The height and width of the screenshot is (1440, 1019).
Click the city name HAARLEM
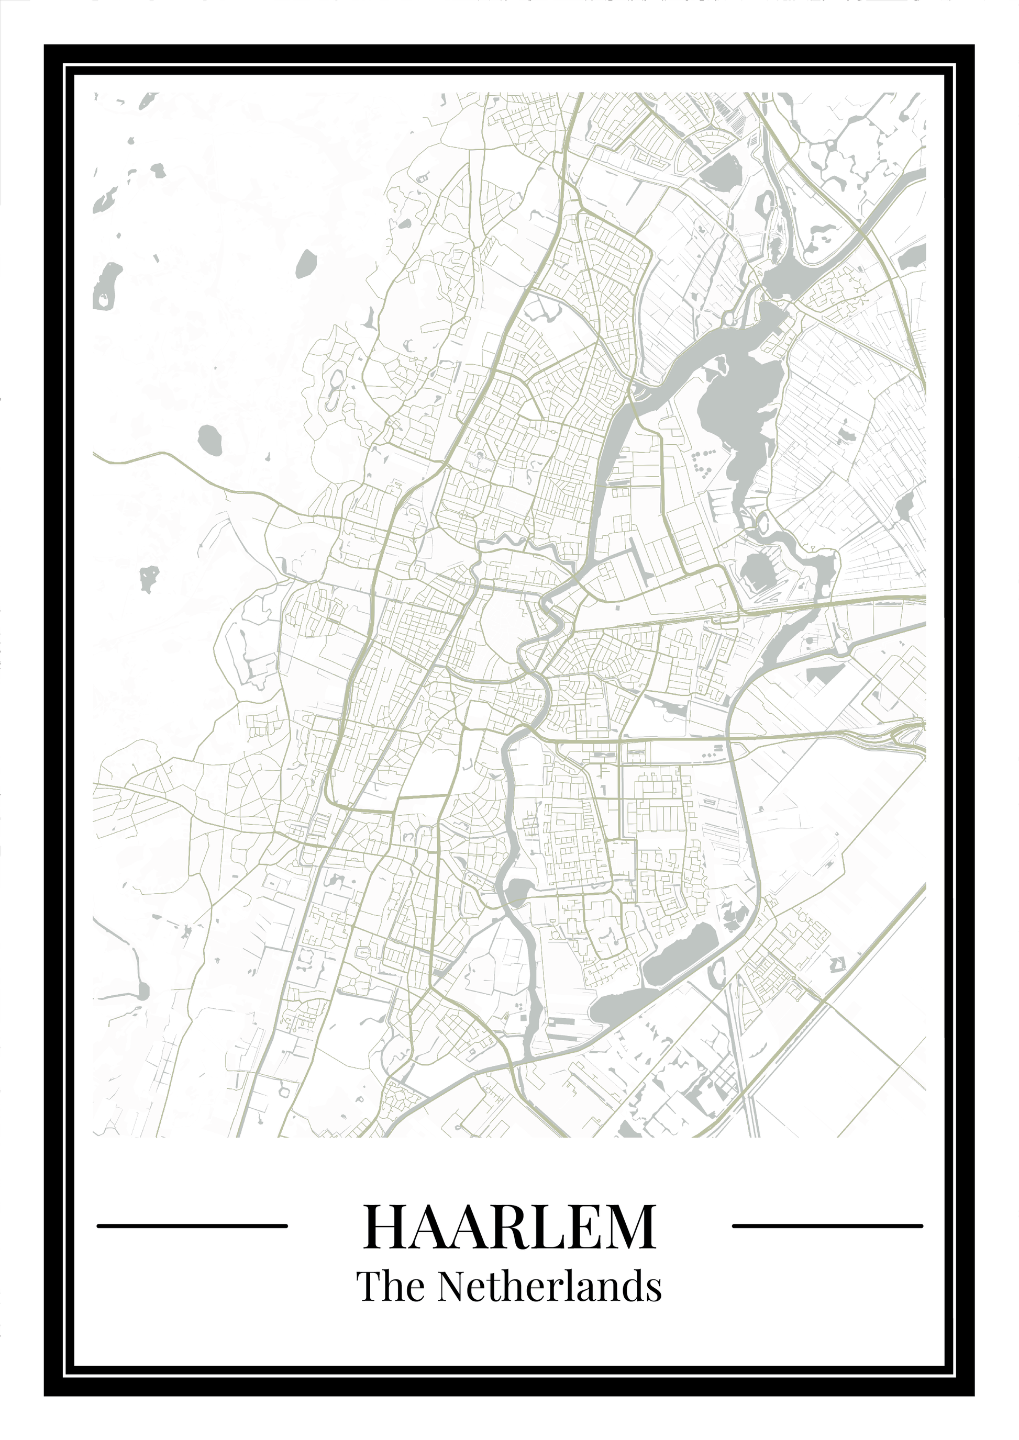tap(509, 1225)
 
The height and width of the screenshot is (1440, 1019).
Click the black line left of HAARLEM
tap(192, 1225)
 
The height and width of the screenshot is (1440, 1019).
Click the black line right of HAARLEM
tap(827, 1225)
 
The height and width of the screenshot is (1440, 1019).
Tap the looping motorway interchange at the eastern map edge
tap(907, 730)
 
